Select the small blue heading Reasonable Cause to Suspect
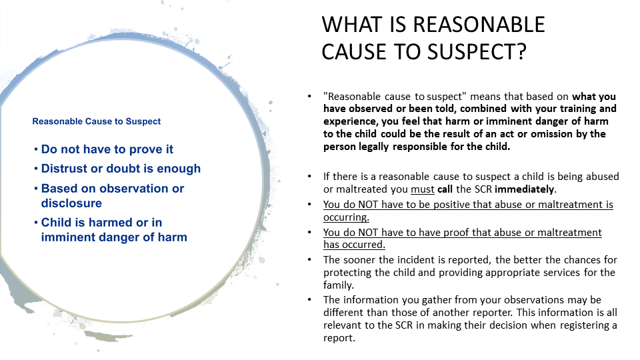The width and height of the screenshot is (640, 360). click(x=96, y=121)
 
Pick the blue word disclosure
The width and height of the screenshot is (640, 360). click(x=71, y=203)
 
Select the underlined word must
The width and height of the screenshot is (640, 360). click(x=423, y=189)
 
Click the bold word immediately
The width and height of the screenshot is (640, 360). click(x=525, y=189)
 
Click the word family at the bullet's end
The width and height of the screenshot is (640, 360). click(x=339, y=285)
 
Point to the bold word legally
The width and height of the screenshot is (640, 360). click(x=373, y=147)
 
